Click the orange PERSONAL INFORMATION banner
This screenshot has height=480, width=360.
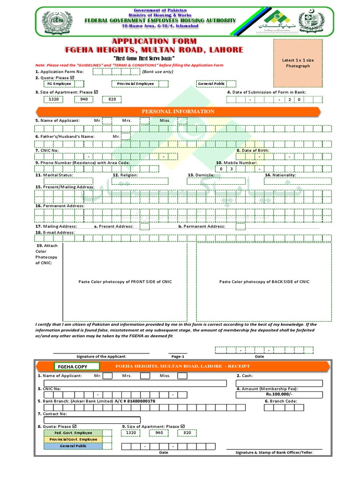pyautogui.click(x=178, y=112)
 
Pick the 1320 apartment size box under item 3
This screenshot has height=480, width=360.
pyautogui.click(x=54, y=99)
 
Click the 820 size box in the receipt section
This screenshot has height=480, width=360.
pyautogui.click(x=187, y=433)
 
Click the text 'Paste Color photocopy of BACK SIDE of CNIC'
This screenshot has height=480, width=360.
pyautogui.click(x=264, y=282)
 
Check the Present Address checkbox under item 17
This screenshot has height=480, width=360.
pyautogui.click(x=145, y=226)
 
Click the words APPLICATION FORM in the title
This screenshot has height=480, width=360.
pyautogui.click(x=154, y=42)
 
